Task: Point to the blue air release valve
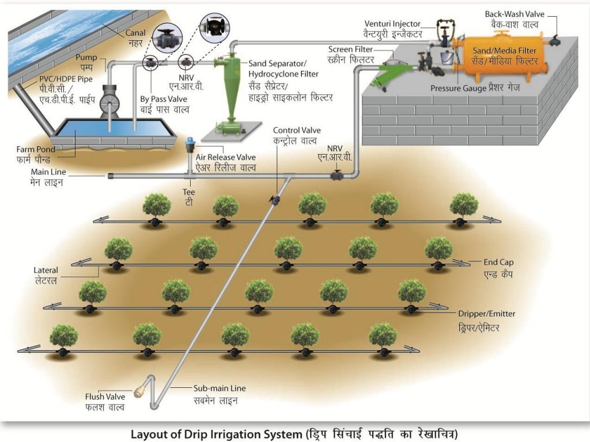pos(188,144)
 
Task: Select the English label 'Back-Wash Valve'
pos(513,14)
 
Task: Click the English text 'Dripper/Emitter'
pos(486,314)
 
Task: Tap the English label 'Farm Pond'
pos(36,149)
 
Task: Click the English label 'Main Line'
pos(49,172)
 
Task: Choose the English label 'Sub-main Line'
pos(219,388)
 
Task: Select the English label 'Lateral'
pos(46,269)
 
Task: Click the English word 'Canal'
pos(135,33)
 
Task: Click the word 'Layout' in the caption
pos(147,433)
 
